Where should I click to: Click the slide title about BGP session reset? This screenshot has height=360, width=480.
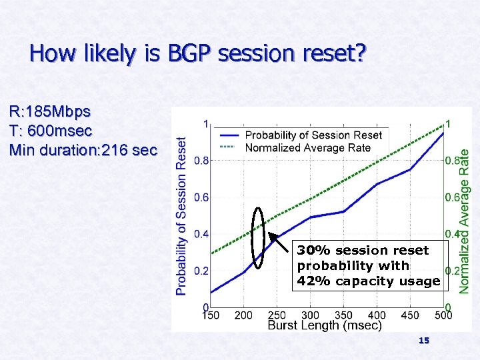coord(197,53)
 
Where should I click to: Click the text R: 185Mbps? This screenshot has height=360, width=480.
coord(51,110)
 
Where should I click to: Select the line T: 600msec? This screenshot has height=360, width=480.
coord(51,130)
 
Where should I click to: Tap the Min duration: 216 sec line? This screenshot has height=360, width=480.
coord(83,150)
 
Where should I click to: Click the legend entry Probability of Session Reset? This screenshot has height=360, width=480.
coord(313,135)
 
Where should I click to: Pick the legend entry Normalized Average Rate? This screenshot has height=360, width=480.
coord(307,147)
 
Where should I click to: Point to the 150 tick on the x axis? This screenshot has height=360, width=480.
coord(211,315)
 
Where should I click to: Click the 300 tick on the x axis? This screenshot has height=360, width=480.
coord(310,315)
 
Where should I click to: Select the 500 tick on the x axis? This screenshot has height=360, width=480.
coord(443,315)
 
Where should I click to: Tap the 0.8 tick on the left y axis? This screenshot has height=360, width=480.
coord(201,161)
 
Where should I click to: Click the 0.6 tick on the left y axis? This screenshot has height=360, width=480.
coord(201,197)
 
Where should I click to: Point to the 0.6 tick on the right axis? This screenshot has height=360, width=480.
coord(452,197)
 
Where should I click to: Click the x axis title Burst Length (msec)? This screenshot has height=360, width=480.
coord(325,325)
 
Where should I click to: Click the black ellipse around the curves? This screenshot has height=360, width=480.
coord(259,238)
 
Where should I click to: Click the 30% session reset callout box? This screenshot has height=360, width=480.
coord(369,265)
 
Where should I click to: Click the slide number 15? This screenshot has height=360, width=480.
coord(423,341)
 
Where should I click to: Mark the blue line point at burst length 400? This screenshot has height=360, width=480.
coord(377,184)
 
